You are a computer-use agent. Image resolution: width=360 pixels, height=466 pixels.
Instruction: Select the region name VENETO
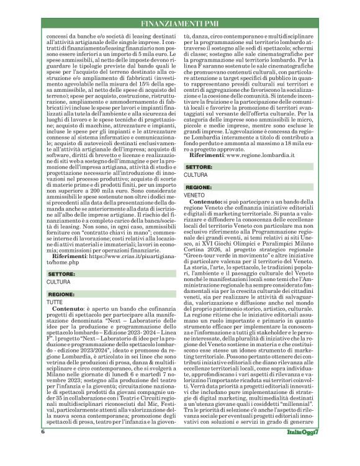194,194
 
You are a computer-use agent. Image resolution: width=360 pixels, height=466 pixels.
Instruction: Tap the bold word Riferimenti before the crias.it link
67,256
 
